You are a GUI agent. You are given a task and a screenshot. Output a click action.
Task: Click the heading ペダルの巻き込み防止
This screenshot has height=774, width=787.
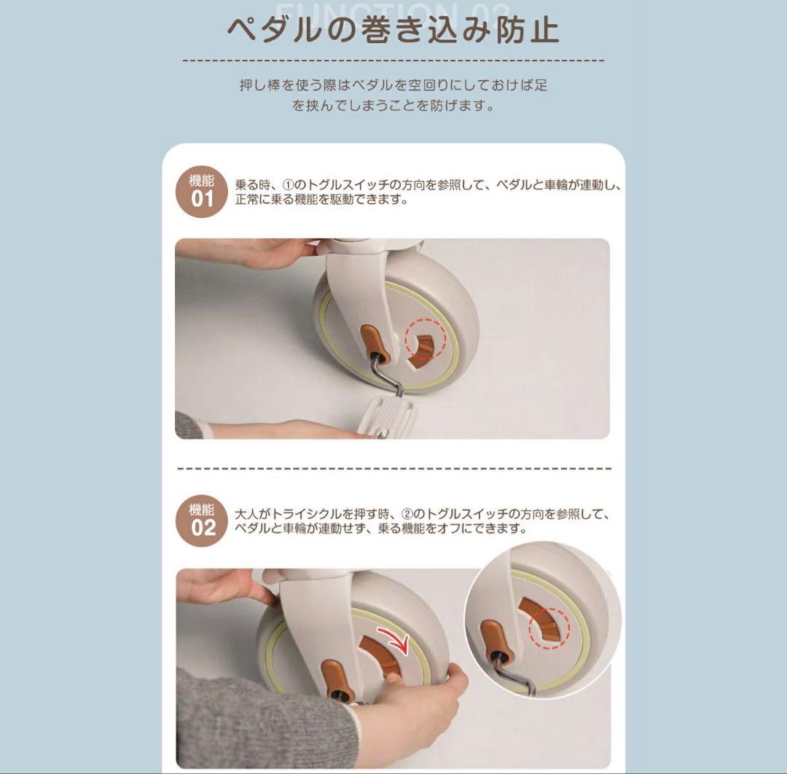[x=393, y=31]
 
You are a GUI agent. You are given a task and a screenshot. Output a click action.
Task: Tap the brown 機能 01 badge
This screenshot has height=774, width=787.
[x=202, y=190]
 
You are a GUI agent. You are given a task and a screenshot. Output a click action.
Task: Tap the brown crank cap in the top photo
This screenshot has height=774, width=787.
[x=373, y=343]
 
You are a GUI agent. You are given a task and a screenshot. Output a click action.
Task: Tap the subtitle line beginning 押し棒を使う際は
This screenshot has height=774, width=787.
[x=393, y=85]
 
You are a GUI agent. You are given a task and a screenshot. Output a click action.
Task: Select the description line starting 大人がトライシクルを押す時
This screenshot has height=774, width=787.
[x=420, y=515]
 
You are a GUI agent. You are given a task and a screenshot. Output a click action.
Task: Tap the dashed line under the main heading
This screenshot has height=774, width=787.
[x=393, y=60]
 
